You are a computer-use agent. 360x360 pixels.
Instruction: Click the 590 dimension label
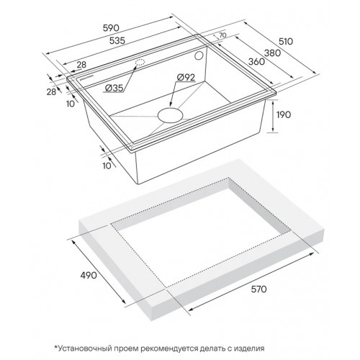(111, 28)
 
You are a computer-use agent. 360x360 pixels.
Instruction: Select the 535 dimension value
(117, 40)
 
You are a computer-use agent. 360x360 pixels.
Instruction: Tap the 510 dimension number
(286, 42)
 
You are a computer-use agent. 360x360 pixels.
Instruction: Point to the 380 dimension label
(272, 53)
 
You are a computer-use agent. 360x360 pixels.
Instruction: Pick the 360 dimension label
(256, 62)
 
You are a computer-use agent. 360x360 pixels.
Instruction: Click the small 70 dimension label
(222, 35)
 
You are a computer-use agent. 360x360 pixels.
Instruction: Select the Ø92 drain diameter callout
(186, 77)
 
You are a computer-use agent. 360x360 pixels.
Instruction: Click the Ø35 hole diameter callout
(114, 89)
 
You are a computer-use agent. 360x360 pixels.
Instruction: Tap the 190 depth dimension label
(284, 114)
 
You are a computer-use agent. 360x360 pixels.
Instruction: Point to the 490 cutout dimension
(89, 275)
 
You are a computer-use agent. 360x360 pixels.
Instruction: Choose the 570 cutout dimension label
(258, 289)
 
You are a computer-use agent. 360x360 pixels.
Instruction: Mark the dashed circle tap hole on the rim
(140, 63)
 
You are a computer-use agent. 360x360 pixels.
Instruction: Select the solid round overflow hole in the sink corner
(199, 55)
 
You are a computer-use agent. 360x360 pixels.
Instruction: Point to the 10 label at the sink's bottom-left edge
(107, 166)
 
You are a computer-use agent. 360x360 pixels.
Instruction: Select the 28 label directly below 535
(81, 65)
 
